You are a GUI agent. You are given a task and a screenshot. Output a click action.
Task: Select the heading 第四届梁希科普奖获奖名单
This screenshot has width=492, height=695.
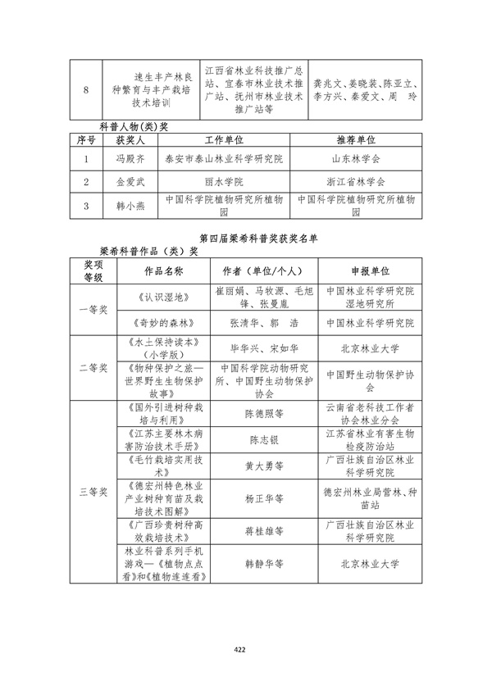click(246, 238)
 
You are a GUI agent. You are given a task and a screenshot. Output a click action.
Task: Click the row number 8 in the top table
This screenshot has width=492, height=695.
click(86, 90)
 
